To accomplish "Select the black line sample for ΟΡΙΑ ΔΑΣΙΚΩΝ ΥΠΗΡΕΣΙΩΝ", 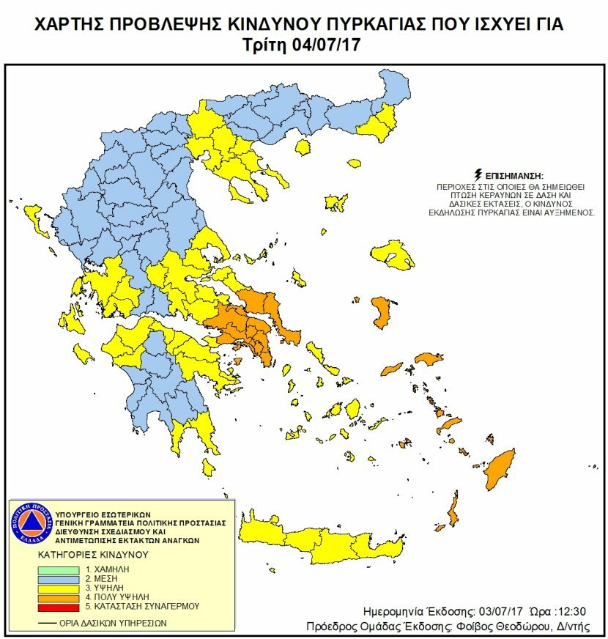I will (x=47, y=623).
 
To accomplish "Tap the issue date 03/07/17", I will (x=501, y=611).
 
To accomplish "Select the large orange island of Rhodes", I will (x=500, y=469).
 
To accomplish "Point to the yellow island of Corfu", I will (x=32, y=217).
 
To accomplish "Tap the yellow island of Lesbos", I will (x=393, y=255).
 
